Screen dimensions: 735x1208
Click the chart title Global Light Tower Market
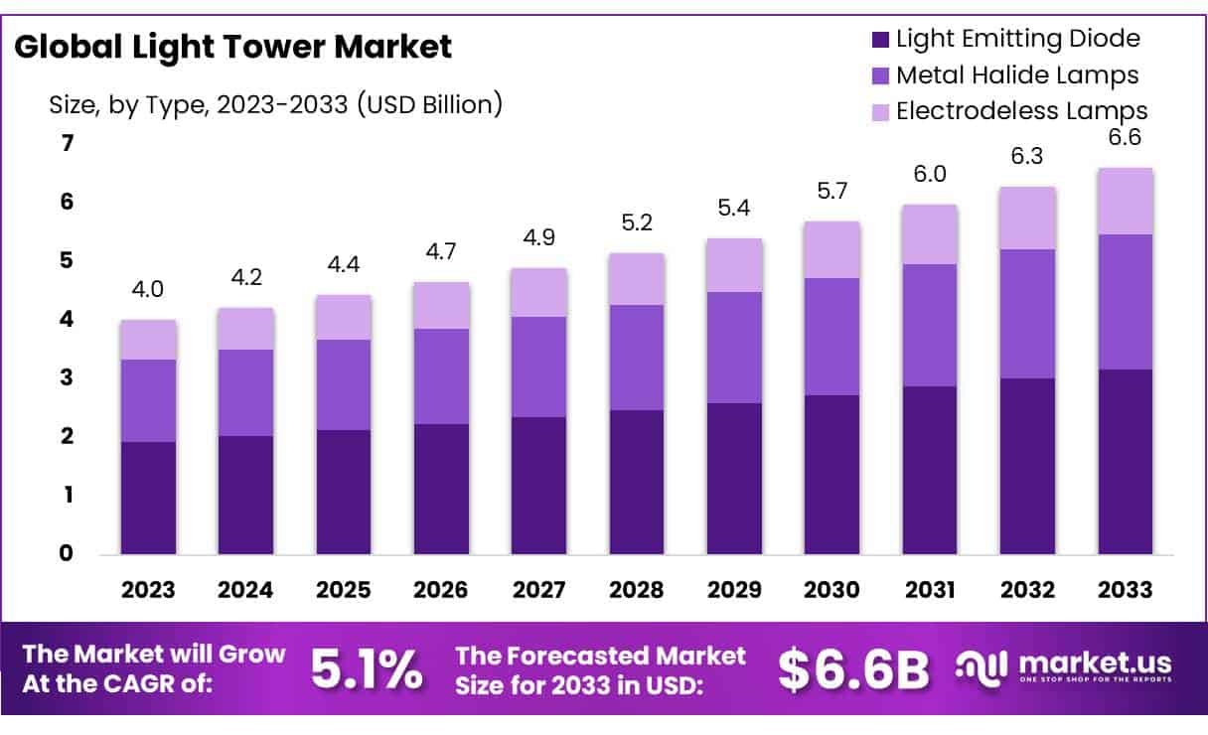(232, 46)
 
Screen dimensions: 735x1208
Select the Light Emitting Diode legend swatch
(880, 40)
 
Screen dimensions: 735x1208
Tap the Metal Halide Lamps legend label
(1016, 74)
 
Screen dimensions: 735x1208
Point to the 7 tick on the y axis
(68, 144)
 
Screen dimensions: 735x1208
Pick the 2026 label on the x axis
(441, 589)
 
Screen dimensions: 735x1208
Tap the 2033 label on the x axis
(1126, 589)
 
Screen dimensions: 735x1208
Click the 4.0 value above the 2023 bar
(148, 290)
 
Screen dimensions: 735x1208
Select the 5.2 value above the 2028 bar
(636, 223)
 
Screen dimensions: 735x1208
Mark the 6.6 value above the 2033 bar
(1125, 138)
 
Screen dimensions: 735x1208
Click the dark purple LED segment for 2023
(148, 498)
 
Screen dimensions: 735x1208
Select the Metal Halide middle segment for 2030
(831, 337)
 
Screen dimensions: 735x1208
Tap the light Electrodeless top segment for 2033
(1125, 201)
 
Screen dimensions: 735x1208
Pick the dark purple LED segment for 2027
(538, 485)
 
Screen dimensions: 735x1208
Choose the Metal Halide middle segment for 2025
(344, 384)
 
